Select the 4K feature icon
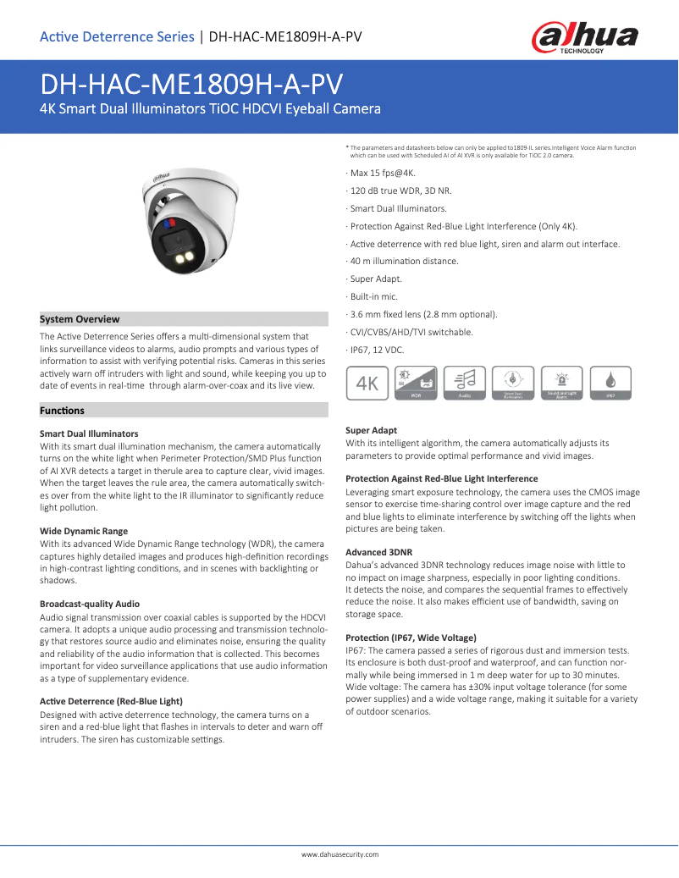point(367,383)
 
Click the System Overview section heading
point(80,319)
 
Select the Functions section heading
point(63,411)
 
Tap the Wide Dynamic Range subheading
point(84,531)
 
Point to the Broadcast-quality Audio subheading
point(90,604)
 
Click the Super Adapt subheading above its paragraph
point(371,430)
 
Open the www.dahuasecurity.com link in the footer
point(339,854)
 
